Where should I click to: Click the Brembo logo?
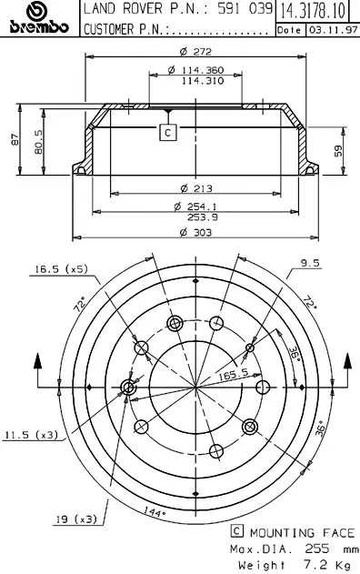coord(39,18)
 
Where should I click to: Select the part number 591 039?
coord(245,9)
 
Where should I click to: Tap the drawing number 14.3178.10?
coord(313,11)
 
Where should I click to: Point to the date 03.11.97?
coord(333,30)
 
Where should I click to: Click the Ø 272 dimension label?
coord(195,51)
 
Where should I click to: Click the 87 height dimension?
coord(15,139)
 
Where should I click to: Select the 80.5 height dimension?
coord(39,142)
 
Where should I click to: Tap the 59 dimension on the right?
coord(338,150)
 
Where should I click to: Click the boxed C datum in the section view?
coord(168,132)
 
